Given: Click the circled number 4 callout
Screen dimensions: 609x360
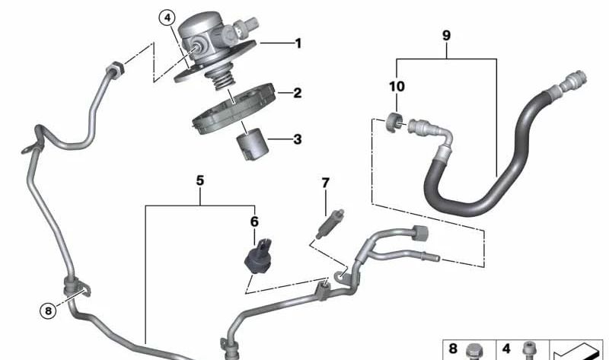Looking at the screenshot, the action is point(167,18).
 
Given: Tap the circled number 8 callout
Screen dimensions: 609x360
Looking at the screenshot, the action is point(48,311).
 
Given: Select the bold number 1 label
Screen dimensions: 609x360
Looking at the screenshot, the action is point(298,43).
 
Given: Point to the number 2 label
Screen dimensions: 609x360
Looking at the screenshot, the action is point(298,93).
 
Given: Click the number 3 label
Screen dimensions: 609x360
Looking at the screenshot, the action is point(298,139).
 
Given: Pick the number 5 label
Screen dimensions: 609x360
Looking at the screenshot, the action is point(200,180).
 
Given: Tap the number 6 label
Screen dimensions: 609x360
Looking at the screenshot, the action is point(254,221).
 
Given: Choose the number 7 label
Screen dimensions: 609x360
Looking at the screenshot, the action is point(326,183).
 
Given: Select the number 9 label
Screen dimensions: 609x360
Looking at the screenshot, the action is point(447,36).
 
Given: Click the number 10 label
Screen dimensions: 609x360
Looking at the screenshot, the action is point(397,86).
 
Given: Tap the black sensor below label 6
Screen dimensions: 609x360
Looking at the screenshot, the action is point(259,256).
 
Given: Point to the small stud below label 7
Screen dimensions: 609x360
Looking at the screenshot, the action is point(330,224).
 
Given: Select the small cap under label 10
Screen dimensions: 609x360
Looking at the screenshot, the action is point(394,122).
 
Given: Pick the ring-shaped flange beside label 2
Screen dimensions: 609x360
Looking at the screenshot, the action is point(234,109).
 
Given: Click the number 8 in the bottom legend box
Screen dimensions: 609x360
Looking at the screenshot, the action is point(453,349).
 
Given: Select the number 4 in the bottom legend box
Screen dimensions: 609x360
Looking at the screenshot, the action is point(506,349).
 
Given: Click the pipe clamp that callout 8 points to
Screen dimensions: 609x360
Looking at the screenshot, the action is point(77,288).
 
